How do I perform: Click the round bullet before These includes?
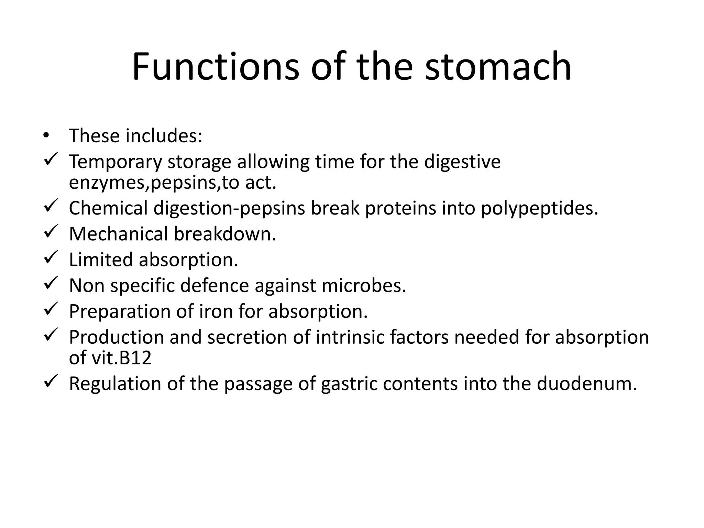click(46, 135)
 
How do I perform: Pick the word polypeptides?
click(539, 208)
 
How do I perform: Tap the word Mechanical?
click(119, 234)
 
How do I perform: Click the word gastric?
click(349, 384)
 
